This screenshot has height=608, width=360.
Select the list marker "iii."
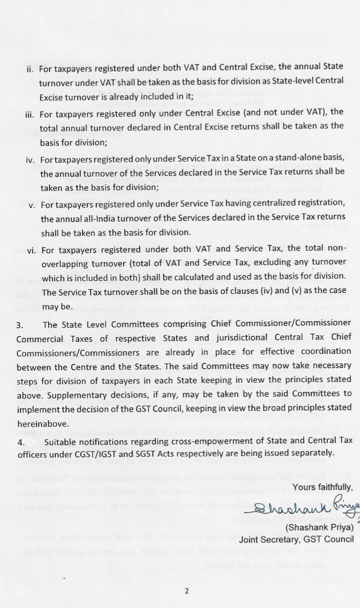click(x=29, y=115)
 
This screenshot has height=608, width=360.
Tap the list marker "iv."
click(x=30, y=161)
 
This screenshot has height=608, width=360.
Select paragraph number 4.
click(x=20, y=442)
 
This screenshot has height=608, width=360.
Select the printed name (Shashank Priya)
click(x=319, y=527)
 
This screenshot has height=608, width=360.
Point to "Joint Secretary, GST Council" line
click(x=296, y=539)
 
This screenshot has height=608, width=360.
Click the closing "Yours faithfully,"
click(x=323, y=487)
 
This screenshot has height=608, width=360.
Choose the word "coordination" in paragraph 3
click(x=321, y=351)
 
